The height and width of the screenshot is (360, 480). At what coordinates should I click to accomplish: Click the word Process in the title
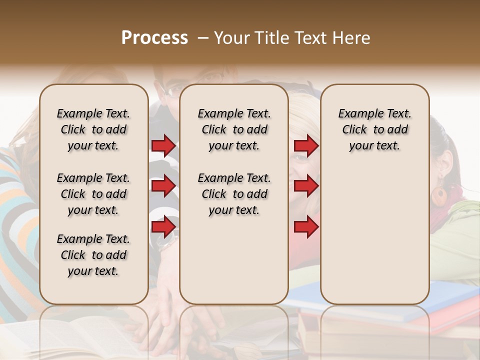(x=154, y=38)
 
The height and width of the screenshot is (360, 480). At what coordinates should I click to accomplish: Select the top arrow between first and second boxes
(x=163, y=146)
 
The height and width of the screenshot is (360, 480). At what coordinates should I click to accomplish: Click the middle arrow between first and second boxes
(x=163, y=186)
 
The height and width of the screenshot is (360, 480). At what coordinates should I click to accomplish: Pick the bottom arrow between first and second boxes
(x=163, y=227)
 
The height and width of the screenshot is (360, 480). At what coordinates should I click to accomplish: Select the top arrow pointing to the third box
(x=306, y=146)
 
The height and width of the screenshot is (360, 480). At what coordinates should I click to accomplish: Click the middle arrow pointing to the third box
(x=306, y=186)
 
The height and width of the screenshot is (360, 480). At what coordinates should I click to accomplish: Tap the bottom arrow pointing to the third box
(x=306, y=227)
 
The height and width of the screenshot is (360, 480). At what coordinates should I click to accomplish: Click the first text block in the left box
(x=93, y=129)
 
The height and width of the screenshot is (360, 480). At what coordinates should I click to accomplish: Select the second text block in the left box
(x=93, y=194)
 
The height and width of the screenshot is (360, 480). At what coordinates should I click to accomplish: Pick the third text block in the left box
(x=93, y=255)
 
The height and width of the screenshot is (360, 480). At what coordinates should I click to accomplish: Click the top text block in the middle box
(x=234, y=129)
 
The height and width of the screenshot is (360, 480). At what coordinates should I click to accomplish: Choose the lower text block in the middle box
(x=234, y=194)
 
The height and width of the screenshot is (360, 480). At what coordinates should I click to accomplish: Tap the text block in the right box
(x=374, y=129)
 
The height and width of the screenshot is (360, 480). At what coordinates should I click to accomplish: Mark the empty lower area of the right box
(x=374, y=235)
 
